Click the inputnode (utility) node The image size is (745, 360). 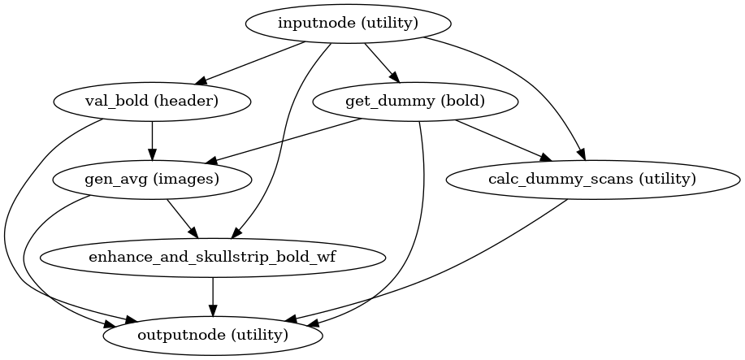348,23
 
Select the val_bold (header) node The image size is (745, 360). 152,101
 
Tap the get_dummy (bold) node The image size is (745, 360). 415,101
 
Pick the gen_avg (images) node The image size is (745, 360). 152,179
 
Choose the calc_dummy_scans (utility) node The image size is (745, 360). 593,179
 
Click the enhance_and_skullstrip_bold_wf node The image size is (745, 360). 213,257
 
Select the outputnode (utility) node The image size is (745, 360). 213,335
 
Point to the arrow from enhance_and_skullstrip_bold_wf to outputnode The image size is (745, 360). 213,296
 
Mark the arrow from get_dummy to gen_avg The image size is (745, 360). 284,140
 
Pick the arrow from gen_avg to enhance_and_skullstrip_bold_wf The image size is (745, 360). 182,218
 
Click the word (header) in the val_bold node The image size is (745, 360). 190,101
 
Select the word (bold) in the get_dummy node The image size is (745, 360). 460,101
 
